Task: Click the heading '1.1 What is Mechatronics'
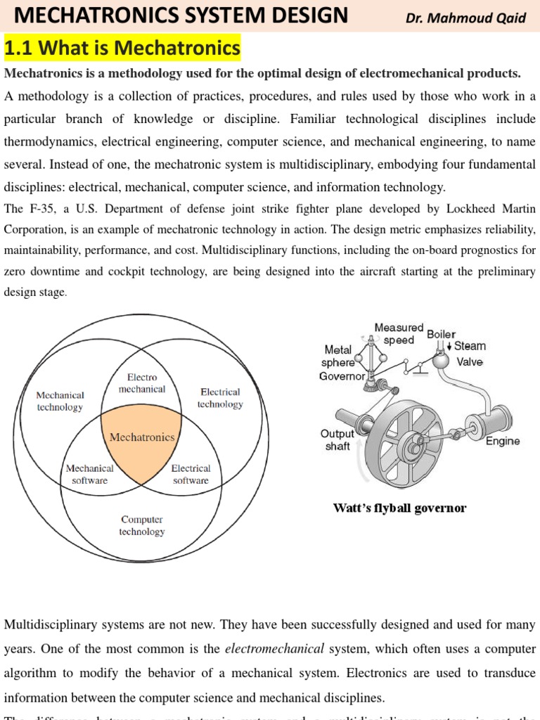[122, 49]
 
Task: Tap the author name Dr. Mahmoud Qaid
[465, 18]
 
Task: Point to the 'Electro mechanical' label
[141, 383]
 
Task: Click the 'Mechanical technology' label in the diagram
[60, 401]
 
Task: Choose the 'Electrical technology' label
[220, 398]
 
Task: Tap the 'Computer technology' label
[141, 525]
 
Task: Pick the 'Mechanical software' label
[89, 474]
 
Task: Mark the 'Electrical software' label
[191, 474]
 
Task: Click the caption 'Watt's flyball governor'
[399, 508]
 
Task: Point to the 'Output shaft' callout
[337, 440]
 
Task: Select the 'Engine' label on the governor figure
[503, 441]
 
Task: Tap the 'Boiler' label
[441, 334]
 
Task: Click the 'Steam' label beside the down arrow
[470, 346]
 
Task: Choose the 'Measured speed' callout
[399, 334]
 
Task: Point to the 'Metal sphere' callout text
[337, 356]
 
